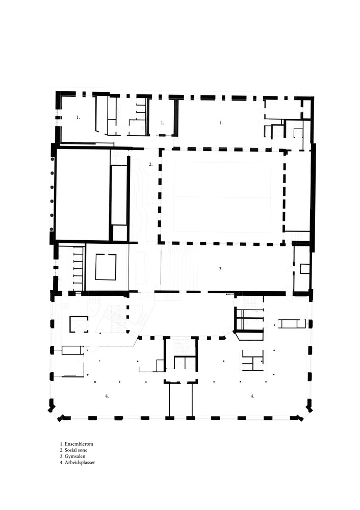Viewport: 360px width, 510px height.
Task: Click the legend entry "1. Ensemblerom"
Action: point(76,444)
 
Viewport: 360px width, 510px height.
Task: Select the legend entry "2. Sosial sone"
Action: point(75,450)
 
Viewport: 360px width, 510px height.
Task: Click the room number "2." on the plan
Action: point(151,164)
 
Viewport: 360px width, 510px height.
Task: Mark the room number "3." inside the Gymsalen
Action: point(220,268)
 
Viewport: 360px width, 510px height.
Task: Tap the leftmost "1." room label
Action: point(78,117)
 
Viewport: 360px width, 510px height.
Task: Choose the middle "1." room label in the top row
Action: point(162,122)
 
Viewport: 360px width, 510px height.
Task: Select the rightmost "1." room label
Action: point(220,122)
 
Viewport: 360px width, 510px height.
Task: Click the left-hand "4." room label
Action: point(107,396)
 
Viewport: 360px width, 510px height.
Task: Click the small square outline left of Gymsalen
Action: point(106,267)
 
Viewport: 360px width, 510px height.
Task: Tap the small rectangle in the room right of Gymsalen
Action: point(305,268)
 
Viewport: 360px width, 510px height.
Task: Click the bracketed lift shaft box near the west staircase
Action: point(78,324)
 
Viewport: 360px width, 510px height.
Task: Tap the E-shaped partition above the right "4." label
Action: point(252,360)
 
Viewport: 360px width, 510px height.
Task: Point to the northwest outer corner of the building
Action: point(58,94)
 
